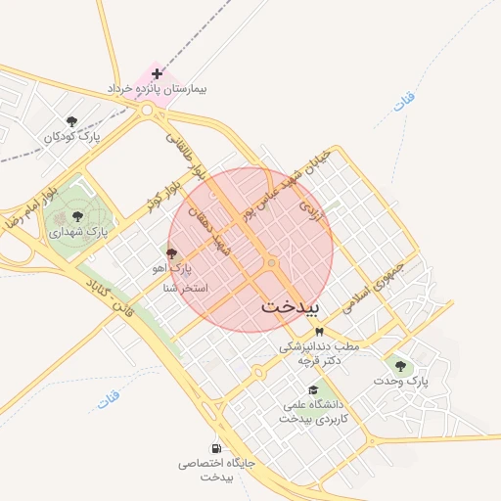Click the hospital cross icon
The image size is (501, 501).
[157, 73]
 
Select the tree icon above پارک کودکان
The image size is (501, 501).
[70, 120]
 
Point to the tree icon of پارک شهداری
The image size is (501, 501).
[77, 217]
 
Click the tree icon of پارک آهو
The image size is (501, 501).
[172, 253]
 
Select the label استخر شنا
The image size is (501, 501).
[183, 288]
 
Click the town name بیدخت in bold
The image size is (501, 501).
[291, 306]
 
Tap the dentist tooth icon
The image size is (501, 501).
[318, 332]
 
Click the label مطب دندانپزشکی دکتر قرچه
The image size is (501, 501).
[319, 353]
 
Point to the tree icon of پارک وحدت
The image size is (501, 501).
[398, 364]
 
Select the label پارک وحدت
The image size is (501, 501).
[404, 380]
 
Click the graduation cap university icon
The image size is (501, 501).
[313, 389]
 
